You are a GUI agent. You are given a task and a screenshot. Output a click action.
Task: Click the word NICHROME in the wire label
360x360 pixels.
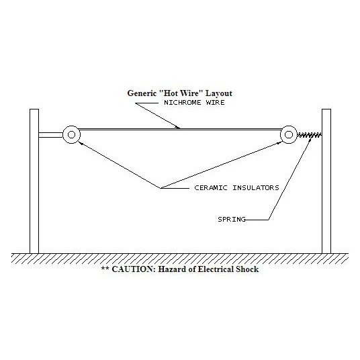coord(182,102)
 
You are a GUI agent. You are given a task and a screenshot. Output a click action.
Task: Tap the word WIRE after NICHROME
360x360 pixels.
coord(216,102)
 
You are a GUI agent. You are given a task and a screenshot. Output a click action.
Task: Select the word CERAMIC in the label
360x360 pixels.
coord(210,188)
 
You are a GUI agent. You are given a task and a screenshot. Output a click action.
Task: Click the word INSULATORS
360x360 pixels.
coord(256,188)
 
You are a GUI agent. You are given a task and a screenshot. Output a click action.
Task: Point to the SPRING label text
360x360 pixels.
coord(232,219)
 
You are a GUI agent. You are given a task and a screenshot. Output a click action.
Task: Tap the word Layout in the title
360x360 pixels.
coord(219,93)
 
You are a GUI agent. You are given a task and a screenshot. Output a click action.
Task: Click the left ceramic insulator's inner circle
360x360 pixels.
coord(71,135)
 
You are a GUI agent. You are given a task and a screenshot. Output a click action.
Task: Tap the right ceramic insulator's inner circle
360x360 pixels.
coord(289,135)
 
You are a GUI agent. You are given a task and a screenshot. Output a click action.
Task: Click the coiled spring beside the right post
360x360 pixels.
coord(310,135)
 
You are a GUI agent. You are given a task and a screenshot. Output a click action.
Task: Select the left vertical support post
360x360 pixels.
coord(34,181)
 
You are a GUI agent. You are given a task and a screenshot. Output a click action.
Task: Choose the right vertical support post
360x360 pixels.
coord(326,181)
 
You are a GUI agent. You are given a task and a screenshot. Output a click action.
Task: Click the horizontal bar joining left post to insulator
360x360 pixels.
coord(50,135)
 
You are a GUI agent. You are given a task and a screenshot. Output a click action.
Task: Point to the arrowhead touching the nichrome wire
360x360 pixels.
coord(177,127)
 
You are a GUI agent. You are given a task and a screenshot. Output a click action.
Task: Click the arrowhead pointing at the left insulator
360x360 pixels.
coord(81,143)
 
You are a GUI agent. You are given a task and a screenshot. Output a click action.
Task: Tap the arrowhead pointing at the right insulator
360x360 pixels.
coord(279,143)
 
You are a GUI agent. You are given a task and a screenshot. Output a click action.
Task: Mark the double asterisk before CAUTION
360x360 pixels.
coord(105,268)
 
